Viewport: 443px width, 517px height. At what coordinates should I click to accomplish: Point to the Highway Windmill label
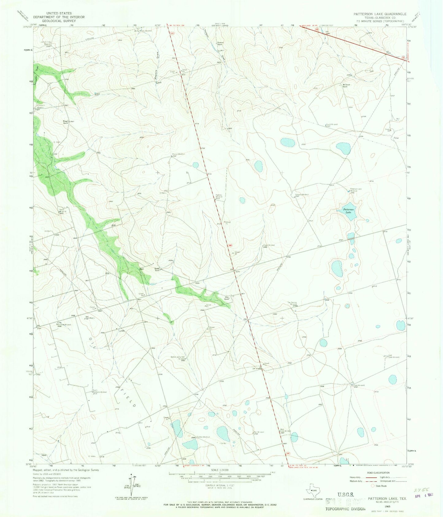click(219, 196)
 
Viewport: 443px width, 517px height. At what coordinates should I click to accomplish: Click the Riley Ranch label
click(227, 298)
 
